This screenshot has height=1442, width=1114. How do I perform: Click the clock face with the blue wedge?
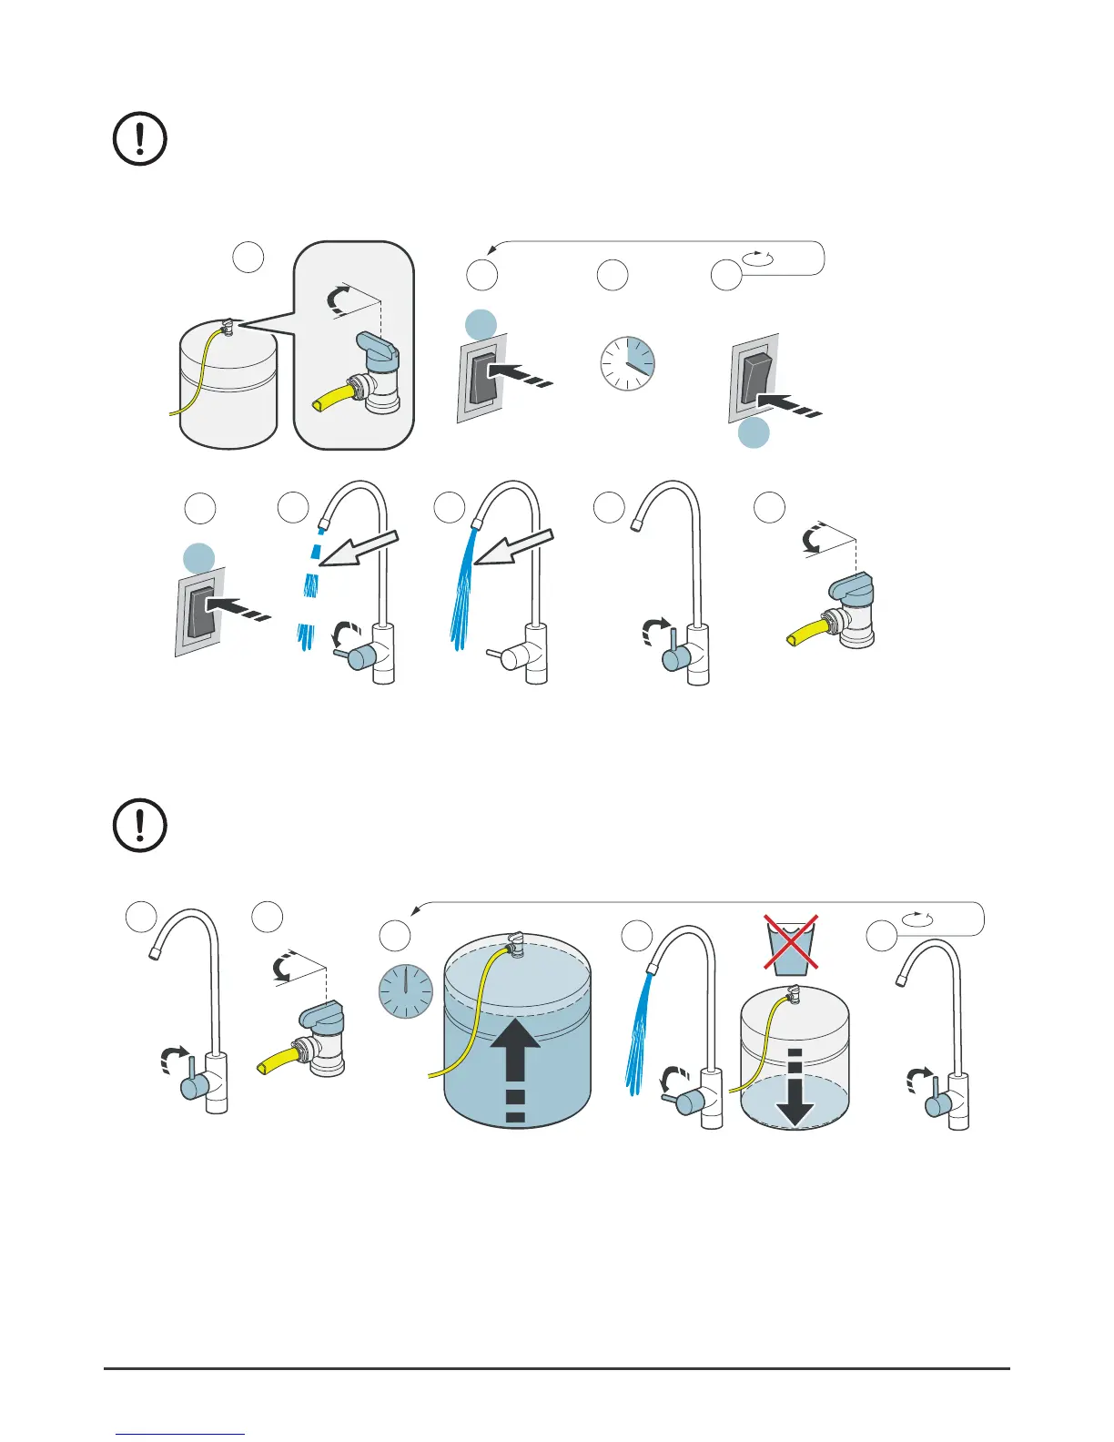pos(627,364)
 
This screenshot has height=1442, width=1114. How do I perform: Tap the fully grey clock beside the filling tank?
pos(405,990)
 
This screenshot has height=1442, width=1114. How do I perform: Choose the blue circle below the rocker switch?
pos(754,433)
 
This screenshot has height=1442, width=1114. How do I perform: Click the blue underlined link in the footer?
pos(180,1434)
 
